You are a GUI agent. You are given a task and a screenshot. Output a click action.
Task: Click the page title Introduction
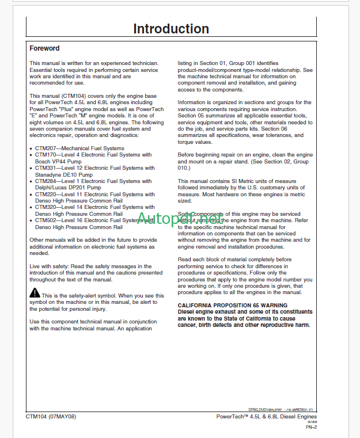click(171, 29)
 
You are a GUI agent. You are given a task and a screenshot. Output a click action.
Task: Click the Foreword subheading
click(44, 49)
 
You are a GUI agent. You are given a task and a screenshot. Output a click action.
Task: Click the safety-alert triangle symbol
click(35, 294)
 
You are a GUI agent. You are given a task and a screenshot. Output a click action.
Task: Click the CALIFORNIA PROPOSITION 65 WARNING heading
click(232, 305)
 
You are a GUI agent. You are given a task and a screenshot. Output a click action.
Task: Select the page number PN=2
click(310, 428)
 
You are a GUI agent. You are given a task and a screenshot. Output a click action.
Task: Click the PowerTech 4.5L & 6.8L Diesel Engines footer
click(267, 417)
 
